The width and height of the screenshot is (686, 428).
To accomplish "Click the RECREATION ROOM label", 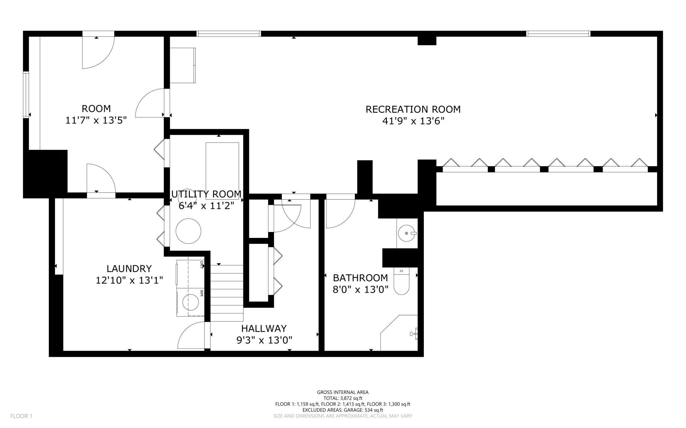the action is [x=413, y=109].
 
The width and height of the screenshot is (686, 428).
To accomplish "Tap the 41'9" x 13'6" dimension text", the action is [x=413, y=121].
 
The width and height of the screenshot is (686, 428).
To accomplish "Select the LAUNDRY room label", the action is [x=129, y=269].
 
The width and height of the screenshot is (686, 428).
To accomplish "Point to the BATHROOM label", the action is [x=360, y=278].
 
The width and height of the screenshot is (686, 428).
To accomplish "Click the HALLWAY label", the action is [x=264, y=328].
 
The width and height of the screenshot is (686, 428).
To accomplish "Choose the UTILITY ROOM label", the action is [x=206, y=194].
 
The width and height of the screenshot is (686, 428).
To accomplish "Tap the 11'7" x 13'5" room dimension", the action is [x=96, y=120].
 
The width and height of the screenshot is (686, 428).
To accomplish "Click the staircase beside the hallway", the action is [x=227, y=293].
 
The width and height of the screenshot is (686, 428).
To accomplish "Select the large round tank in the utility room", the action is [x=188, y=231].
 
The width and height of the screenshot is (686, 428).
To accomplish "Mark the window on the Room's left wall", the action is [x=26, y=94].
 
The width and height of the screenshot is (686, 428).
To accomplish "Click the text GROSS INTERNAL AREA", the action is [x=343, y=392].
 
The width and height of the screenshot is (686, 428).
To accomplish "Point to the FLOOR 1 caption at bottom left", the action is [x=21, y=416].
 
